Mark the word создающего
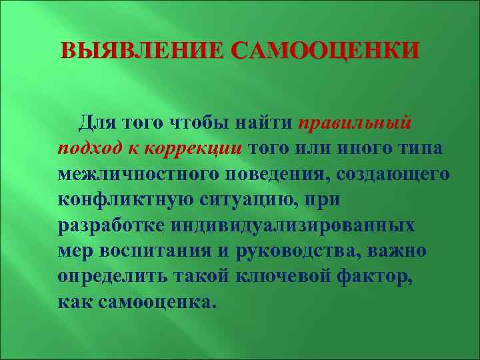[x=393, y=173]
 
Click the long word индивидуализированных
[x=293, y=224]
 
